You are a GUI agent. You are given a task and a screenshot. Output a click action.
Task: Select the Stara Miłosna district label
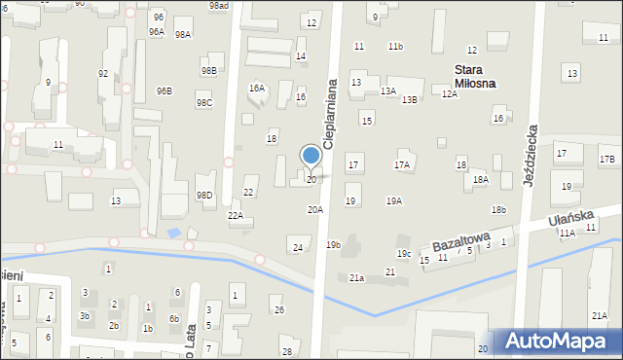tap(475, 76)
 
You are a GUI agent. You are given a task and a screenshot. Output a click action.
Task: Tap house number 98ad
tap(218, 6)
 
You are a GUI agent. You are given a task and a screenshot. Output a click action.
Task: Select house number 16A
tap(257, 89)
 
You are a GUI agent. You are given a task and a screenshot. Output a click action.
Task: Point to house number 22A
tap(236, 216)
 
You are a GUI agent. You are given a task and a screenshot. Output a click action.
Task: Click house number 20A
tap(315, 210)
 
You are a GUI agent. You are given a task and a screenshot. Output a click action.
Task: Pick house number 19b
tap(333, 245)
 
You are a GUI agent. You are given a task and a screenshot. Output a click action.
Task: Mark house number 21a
tap(357, 278)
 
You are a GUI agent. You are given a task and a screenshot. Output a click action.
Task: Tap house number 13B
tap(410, 99)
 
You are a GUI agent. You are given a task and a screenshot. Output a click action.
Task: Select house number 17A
tap(402, 165)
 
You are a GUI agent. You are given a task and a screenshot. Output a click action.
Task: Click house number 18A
tap(480, 180)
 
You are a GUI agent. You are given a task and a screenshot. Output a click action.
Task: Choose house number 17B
tap(606, 159)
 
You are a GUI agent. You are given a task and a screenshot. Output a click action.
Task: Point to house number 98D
tap(204, 195)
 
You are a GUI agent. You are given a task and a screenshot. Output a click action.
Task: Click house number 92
tap(103, 74)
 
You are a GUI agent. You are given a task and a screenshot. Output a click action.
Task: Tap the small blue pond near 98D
tap(175, 233)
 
